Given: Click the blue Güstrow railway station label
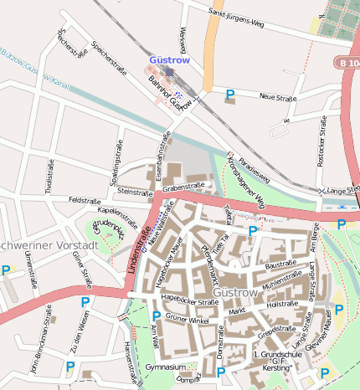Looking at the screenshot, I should pos(171,60).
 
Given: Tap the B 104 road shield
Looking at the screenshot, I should pos(347,62).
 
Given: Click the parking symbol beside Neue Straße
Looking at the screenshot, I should pos(230,95).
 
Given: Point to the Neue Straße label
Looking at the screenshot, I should pos(279,97).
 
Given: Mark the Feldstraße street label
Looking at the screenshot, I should pos(85,201).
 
